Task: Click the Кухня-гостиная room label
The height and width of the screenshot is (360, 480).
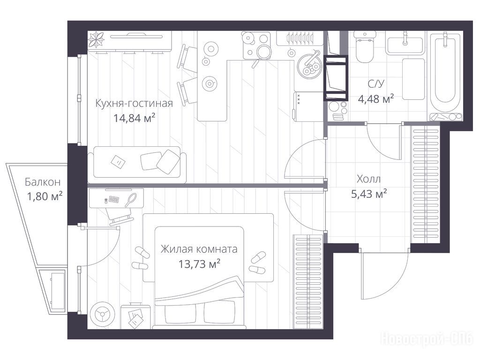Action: [x=134, y=103]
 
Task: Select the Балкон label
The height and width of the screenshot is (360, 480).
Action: [x=43, y=182]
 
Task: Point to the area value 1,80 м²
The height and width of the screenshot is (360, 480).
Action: [x=45, y=196]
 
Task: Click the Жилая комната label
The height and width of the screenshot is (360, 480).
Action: [x=199, y=249]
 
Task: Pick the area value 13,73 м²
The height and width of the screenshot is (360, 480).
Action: [x=199, y=263]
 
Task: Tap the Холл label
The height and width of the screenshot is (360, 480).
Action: [x=368, y=179]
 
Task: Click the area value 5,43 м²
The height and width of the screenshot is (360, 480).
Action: [x=369, y=194]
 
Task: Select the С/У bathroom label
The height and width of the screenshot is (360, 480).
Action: [x=376, y=84]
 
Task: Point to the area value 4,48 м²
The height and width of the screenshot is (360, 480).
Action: [x=376, y=98]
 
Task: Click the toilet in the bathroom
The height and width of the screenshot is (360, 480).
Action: [x=365, y=47]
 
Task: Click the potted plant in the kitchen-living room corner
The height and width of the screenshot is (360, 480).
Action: [x=97, y=39]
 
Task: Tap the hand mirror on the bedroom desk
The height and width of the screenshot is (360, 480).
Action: [x=131, y=200]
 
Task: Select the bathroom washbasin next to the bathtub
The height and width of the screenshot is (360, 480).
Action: [x=405, y=45]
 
